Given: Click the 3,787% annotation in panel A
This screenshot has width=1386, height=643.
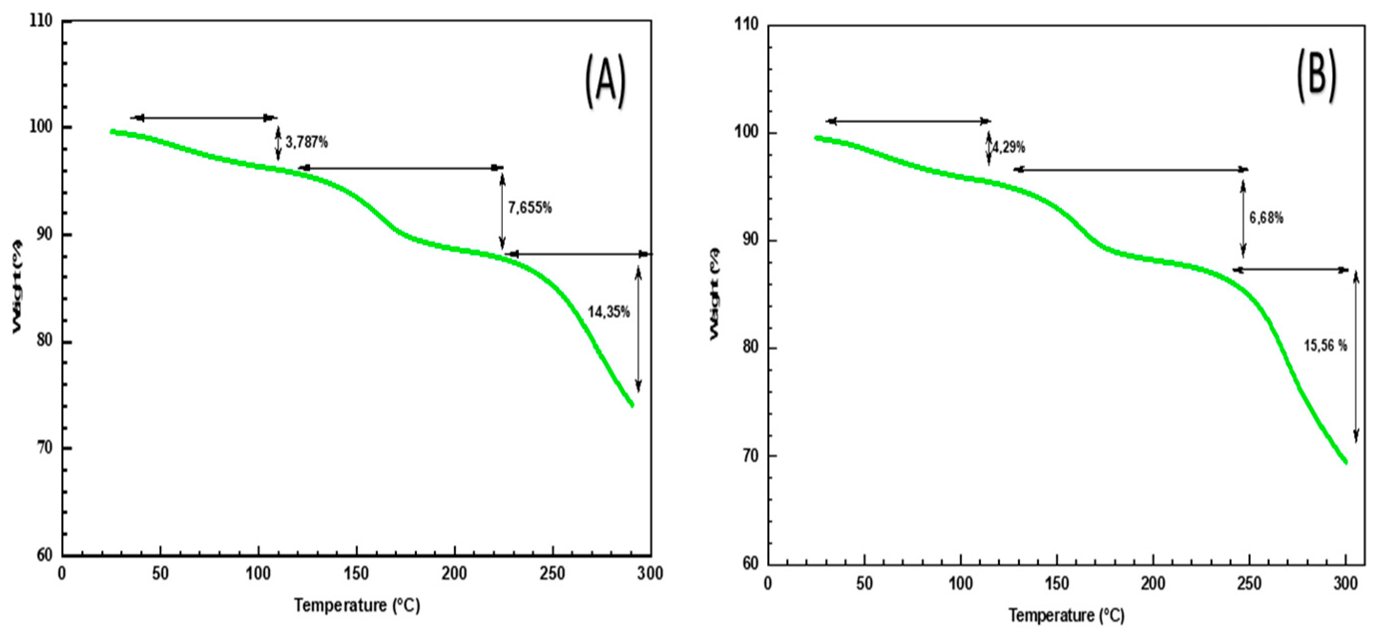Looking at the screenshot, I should click(x=306, y=143).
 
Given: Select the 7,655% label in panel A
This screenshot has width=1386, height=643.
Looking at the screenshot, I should click(x=530, y=208).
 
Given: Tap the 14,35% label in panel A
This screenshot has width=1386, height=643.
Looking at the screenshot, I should click(x=608, y=312).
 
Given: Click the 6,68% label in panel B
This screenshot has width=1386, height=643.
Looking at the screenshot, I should click(x=1266, y=218).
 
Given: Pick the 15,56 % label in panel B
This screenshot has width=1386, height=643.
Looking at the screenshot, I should click(x=1325, y=345).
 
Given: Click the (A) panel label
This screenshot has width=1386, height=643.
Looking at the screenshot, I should click(x=605, y=81).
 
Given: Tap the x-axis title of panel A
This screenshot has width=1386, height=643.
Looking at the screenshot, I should click(x=357, y=606).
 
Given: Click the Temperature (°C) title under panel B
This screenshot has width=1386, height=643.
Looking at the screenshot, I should click(x=1067, y=615).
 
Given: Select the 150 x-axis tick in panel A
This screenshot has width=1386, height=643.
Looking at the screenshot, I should click(x=356, y=574).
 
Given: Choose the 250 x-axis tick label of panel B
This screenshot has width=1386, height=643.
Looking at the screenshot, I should click(x=1249, y=584).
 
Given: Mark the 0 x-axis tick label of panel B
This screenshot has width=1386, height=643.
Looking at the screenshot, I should click(x=768, y=584).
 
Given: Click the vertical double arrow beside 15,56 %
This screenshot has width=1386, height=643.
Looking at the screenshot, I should click(x=1356, y=357).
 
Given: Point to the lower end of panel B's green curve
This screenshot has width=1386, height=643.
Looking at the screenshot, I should click(x=1346, y=461).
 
